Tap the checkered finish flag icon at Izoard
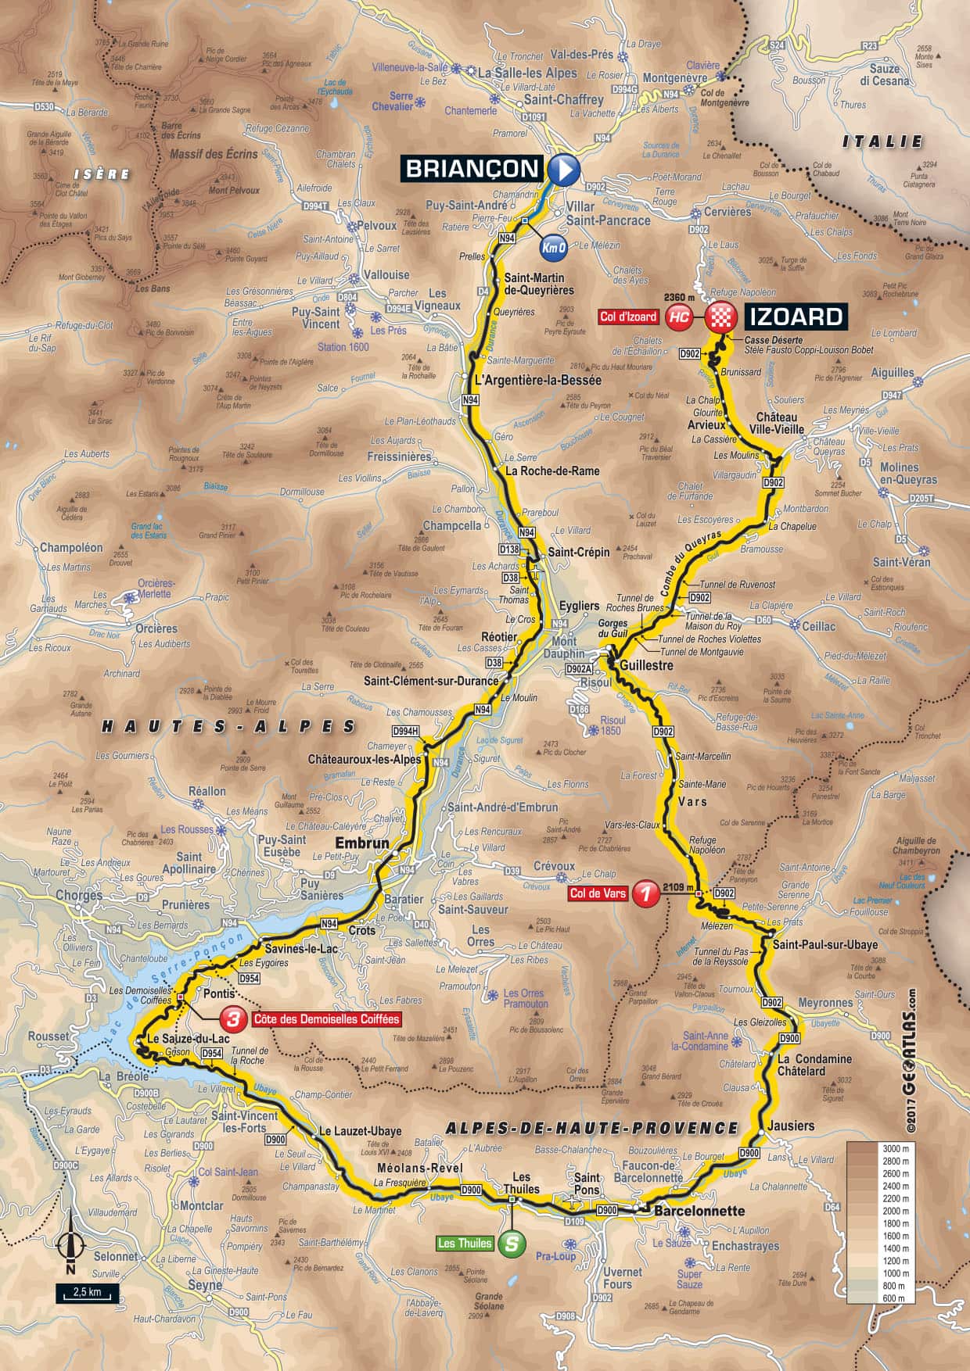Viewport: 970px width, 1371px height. (x=720, y=317)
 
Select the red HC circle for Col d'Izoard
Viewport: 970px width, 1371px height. (x=679, y=317)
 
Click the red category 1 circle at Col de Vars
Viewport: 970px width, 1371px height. (x=645, y=893)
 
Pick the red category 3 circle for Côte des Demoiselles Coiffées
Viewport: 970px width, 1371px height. (x=232, y=1019)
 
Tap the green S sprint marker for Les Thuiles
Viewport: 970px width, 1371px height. (x=511, y=1244)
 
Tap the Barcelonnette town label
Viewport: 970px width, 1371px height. (x=699, y=1211)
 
